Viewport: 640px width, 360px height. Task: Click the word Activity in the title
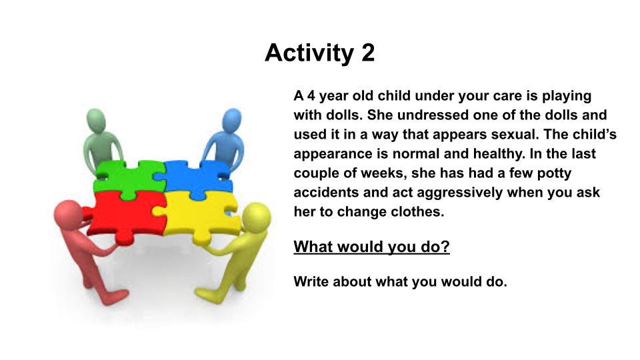(309, 53)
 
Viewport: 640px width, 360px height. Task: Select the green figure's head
(96, 119)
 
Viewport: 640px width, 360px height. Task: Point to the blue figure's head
(232, 120)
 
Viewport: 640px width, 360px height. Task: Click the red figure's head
(68, 215)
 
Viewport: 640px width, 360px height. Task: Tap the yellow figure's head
(256, 217)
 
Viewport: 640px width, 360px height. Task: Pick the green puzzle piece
(129, 179)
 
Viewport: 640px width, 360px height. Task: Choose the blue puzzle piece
(195, 179)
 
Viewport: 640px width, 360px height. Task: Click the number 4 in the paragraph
(311, 96)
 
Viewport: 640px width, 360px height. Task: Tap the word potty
(554, 173)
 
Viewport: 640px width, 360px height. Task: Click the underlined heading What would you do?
(371, 247)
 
